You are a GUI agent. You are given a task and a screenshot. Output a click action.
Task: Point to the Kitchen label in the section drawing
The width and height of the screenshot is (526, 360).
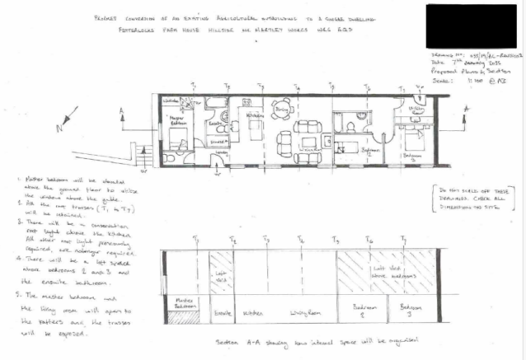252,312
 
